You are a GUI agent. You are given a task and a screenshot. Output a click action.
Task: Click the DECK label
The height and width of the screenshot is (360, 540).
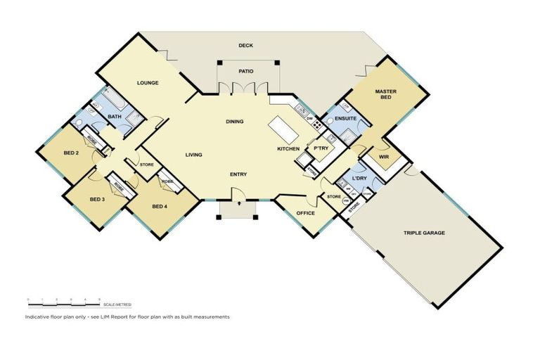245,46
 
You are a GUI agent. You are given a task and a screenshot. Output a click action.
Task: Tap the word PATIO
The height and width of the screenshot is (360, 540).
245,71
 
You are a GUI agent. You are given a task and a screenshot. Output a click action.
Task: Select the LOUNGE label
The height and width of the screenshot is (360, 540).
148,83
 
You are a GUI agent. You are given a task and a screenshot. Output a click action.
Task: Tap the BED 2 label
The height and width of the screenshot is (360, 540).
70,153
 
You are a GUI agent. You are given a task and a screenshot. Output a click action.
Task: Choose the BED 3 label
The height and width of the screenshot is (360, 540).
97,199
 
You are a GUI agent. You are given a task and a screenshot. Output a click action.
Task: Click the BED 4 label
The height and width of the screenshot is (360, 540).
159,207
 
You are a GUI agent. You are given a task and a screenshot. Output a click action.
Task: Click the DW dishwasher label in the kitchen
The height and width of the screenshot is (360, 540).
309,118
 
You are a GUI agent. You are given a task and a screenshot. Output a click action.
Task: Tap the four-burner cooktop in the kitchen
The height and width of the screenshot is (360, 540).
317,126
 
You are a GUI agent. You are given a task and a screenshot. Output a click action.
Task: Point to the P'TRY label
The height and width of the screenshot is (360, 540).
322,148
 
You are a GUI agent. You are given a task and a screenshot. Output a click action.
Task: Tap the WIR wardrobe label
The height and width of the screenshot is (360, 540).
384,157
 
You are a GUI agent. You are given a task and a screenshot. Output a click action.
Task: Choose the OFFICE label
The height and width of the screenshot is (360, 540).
305,213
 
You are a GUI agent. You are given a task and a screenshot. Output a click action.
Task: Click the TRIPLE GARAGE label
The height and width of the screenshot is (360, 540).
424,233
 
